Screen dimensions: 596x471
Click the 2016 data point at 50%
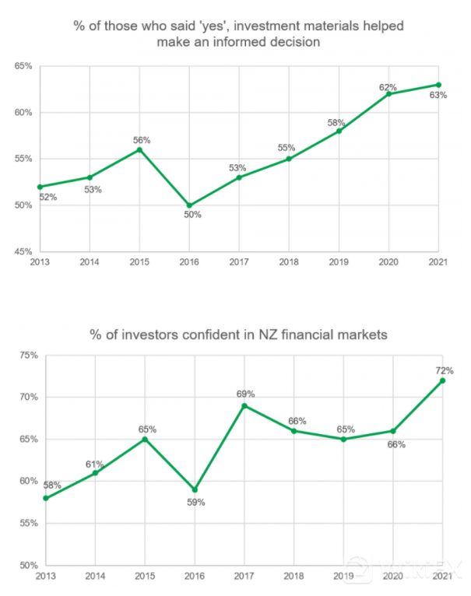[x=189, y=205]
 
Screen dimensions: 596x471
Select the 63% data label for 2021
[x=438, y=96]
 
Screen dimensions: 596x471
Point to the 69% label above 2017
[x=246, y=394]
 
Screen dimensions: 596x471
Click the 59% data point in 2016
[x=195, y=489]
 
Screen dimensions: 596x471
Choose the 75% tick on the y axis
[x=28, y=356]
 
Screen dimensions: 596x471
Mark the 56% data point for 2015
[x=140, y=149]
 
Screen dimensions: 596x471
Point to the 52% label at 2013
[x=48, y=197]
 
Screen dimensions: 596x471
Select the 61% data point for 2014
[x=95, y=472]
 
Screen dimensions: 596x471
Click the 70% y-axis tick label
[x=28, y=398]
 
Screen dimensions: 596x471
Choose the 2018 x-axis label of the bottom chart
[x=294, y=577]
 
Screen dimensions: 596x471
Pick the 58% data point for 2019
[x=339, y=131]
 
